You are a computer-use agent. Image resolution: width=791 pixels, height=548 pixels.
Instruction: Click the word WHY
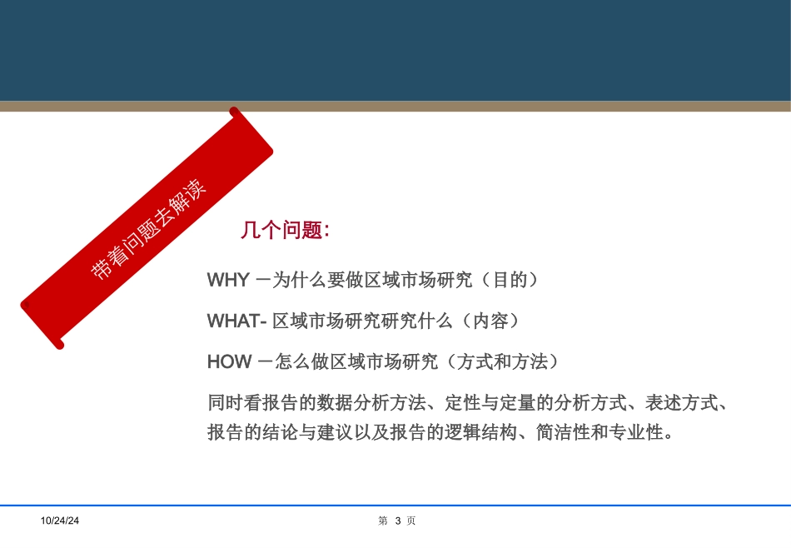(227, 281)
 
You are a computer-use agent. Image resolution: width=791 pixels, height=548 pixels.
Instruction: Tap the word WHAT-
(236, 321)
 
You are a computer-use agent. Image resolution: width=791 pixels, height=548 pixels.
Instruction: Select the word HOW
(229, 361)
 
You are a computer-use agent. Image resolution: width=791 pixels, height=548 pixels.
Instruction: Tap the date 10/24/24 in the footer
(61, 521)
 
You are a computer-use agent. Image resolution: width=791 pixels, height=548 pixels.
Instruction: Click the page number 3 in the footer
(398, 521)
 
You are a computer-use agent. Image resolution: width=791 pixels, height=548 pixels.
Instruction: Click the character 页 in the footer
(411, 521)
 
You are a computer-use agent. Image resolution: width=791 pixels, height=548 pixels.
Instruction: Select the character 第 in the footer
(383, 521)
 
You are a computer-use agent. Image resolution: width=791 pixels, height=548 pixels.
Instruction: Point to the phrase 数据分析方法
(368, 403)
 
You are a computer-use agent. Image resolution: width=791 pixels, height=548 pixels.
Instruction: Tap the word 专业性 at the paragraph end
(642, 433)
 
